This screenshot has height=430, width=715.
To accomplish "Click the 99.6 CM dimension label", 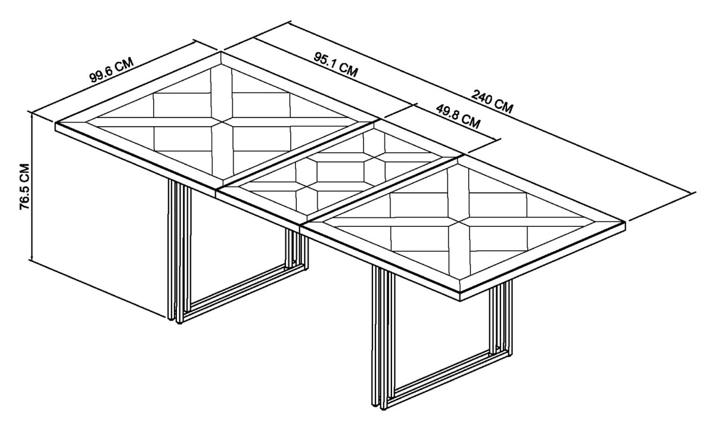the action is (x=111, y=70).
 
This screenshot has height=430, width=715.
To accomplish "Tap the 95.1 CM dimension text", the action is (x=336, y=65).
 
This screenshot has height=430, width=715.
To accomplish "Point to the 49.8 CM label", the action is (x=458, y=116).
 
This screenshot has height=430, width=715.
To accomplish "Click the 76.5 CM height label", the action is (x=24, y=186).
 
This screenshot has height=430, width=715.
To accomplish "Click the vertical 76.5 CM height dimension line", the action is (x=32, y=187).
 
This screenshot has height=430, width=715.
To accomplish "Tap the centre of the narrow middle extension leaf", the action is (x=340, y=172).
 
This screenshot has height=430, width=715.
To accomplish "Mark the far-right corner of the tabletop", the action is (x=625, y=222).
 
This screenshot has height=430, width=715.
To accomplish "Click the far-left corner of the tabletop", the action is (x=56, y=123).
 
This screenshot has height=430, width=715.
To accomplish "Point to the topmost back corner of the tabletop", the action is (x=221, y=52).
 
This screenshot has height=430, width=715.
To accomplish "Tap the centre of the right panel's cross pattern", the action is (x=459, y=222).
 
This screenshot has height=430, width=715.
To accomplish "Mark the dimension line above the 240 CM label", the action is (x=492, y=107).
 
